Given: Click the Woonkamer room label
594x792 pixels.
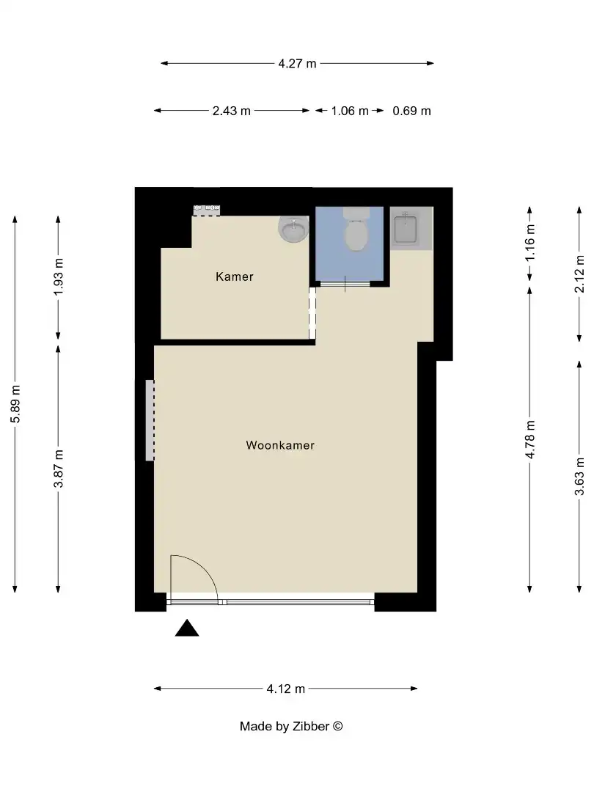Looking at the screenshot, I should pos(280,445).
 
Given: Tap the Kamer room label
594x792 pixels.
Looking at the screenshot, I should pos(235,276).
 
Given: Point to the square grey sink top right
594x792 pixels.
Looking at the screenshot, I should pos(406,229).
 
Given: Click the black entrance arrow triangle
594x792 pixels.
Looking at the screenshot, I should pos(187,628).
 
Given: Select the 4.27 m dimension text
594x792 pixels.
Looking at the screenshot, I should pos(297,64).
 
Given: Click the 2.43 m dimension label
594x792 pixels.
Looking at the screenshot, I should pos(231,111).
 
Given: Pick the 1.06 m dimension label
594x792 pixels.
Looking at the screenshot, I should pos(350,111).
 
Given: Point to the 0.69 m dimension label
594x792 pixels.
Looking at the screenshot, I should pos(411,111).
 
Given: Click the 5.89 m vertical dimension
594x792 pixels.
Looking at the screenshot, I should pos(15,403).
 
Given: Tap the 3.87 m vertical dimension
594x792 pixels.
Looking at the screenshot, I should pos(59,469).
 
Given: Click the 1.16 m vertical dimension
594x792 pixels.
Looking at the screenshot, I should pos(530,244).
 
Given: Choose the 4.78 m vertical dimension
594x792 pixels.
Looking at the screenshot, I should pos(530,439).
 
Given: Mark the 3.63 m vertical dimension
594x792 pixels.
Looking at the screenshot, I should pos(579,476).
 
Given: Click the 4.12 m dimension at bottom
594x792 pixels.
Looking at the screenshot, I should pos(286,689).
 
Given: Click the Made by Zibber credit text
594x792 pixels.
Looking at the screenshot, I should pos(291,727).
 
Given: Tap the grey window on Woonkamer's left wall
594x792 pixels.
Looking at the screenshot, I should pos(150,420).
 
